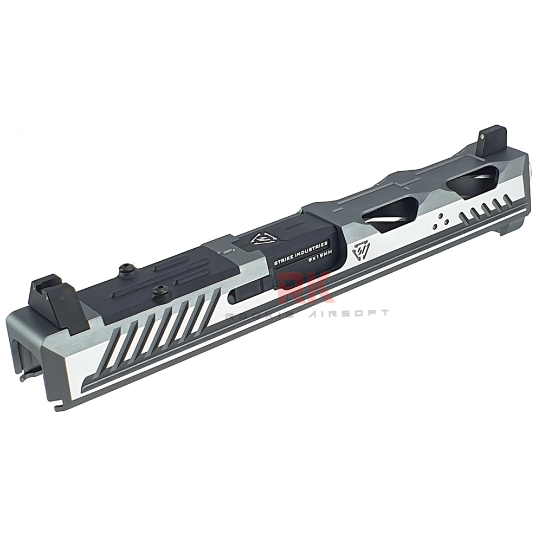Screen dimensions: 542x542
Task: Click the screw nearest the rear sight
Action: [x=126, y=267]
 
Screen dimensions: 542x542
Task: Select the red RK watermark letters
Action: [x=304, y=288]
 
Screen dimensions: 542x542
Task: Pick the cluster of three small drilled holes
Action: [x=440, y=219]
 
